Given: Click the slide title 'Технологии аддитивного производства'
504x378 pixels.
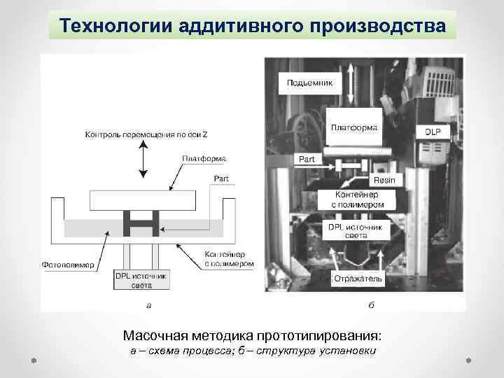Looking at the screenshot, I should point(252,25).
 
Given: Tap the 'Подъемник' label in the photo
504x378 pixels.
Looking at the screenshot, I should point(310,83).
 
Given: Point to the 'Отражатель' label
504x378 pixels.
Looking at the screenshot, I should point(358,278).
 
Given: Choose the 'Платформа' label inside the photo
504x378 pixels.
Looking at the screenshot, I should point(354,127).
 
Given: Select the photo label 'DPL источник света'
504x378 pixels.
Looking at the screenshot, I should point(355,232).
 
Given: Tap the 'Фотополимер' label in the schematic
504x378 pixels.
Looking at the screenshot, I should point(69,265).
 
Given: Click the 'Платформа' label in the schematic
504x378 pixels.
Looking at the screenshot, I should point(204,158).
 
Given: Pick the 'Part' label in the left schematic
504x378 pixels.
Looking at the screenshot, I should point(220,178).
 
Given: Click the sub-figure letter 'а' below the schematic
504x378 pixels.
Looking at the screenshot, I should point(148,304).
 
